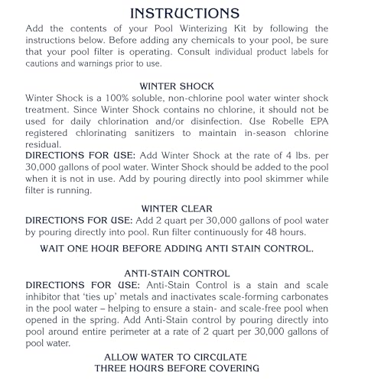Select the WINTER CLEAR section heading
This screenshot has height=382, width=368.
click(x=184, y=207)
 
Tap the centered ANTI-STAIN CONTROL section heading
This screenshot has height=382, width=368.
click(x=183, y=272)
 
